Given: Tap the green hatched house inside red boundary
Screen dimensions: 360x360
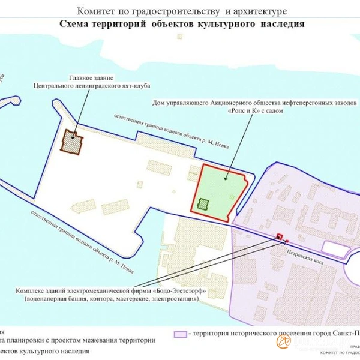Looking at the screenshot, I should point(205,205).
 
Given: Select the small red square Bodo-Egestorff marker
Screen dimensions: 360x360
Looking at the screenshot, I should point(279,237).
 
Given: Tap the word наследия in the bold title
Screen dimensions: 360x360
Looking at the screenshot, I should point(283,25).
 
